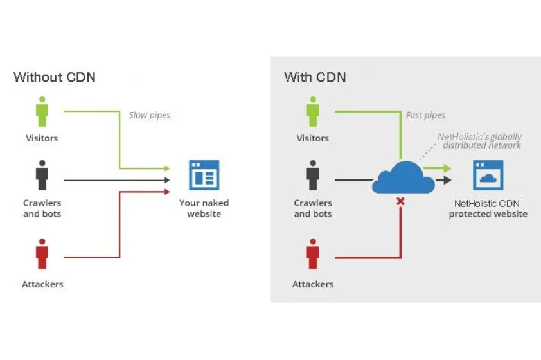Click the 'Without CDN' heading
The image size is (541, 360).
click(x=54, y=77)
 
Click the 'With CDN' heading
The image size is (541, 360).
click(x=315, y=77)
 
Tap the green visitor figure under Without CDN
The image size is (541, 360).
click(x=42, y=112)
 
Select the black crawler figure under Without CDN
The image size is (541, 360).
click(x=42, y=175)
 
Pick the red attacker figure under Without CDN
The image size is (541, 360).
click(x=42, y=253)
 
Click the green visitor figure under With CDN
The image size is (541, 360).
click(x=313, y=112)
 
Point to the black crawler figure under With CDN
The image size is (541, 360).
click(x=313, y=175)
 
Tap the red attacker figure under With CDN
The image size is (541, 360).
click(x=313, y=253)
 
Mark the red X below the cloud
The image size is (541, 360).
click(x=400, y=202)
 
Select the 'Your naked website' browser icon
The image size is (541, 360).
click(x=204, y=175)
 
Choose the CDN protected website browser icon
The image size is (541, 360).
click(x=488, y=175)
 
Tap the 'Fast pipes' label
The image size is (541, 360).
click(x=425, y=116)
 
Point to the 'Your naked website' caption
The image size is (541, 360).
click(x=204, y=208)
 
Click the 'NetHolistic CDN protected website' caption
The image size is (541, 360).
click(x=488, y=208)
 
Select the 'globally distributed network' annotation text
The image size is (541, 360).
click(x=479, y=141)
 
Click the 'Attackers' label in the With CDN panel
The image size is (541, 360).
click(x=313, y=284)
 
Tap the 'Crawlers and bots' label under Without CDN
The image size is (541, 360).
click(x=42, y=208)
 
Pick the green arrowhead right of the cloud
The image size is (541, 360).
click(x=448, y=168)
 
